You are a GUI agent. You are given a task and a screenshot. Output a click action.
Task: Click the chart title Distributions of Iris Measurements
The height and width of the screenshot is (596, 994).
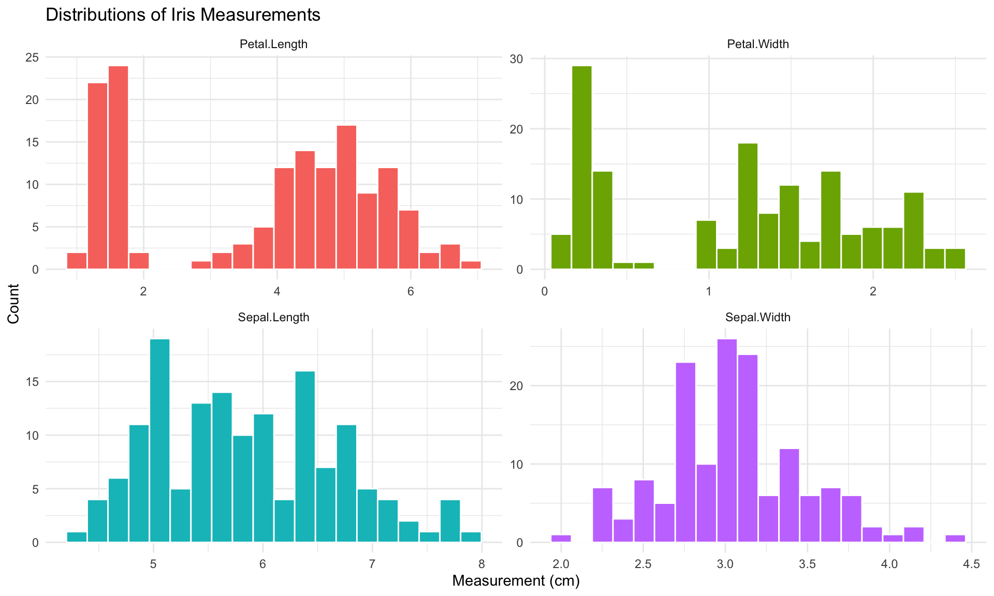click(183, 15)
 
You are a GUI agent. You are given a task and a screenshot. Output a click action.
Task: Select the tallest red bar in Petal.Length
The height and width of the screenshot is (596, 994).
click(118, 168)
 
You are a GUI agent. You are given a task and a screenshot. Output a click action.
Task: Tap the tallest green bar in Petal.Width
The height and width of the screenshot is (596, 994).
click(582, 168)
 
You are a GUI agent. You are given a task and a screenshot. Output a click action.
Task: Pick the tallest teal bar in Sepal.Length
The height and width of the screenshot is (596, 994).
click(159, 441)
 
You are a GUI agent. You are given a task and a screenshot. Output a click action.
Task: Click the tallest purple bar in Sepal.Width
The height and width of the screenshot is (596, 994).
click(727, 441)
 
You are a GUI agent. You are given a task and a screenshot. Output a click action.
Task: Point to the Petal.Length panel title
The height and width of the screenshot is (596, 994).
click(273, 44)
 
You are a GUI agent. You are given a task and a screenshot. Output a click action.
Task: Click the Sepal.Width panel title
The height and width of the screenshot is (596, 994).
click(757, 318)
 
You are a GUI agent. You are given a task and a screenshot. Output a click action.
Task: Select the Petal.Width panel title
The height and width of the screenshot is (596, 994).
click(757, 44)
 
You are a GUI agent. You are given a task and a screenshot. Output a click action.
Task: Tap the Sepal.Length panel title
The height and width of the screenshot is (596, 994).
click(273, 318)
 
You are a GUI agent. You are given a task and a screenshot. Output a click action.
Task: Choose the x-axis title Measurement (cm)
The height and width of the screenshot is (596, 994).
click(516, 582)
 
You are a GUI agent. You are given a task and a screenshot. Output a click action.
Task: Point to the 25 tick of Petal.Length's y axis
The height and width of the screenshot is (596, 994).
click(32, 57)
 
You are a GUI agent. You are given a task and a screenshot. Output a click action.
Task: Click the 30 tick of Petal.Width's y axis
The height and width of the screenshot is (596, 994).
click(516, 59)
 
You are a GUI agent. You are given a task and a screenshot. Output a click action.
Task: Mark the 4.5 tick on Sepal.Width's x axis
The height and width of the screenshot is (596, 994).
click(971, 564)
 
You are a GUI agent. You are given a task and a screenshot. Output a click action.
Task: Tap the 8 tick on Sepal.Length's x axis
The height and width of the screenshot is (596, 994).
click(481, 564)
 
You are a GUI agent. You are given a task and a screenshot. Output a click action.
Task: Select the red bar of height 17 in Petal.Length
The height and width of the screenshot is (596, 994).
click(346, 198)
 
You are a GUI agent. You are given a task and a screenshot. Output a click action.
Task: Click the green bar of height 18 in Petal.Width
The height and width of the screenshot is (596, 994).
click(748, 206)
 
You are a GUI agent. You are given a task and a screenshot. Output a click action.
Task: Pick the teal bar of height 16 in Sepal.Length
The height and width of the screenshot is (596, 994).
click(305, 457)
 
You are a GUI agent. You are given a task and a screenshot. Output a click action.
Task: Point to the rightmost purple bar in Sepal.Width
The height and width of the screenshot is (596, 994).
click(955, 539)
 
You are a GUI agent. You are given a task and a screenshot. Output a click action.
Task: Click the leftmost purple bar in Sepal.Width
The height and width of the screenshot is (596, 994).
click(561, 539)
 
